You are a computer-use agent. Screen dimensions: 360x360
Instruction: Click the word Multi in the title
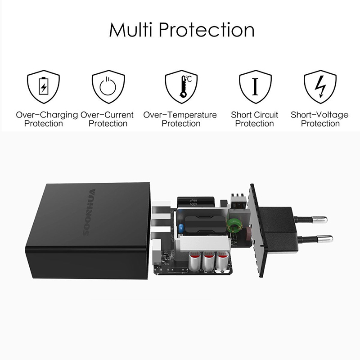click(x=130, y=30)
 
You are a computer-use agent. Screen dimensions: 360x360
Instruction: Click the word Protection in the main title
click(x=207, y=30)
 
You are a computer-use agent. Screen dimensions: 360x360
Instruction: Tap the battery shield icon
click(x=43, y=86)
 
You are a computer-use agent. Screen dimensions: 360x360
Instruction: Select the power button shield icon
click(x=108, y=86)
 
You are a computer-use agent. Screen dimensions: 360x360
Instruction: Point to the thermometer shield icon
click(x=181, y=86)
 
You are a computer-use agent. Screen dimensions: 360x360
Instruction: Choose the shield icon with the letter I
click(x=255, y=86)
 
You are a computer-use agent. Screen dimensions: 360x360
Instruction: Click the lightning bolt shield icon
click(x=320, y=86)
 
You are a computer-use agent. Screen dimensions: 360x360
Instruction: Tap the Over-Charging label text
click(x=47, y=119)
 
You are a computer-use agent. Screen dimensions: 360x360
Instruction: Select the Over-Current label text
click(x=107, y=119)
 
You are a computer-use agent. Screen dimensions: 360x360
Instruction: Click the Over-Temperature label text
click(x=180, y=119)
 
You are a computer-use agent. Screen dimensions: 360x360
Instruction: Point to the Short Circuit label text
click(x=255, y=119)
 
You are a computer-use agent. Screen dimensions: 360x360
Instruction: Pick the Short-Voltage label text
click(x=319, y=119)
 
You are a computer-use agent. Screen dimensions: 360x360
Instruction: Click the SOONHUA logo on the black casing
click(x=89, y=212)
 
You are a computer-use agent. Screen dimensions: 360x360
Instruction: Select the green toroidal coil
click(x=234, y=224)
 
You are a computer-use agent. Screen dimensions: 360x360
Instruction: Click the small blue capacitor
click(x=181, y=228)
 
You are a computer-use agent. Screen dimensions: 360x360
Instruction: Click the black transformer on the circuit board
click(x=205, y=225)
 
